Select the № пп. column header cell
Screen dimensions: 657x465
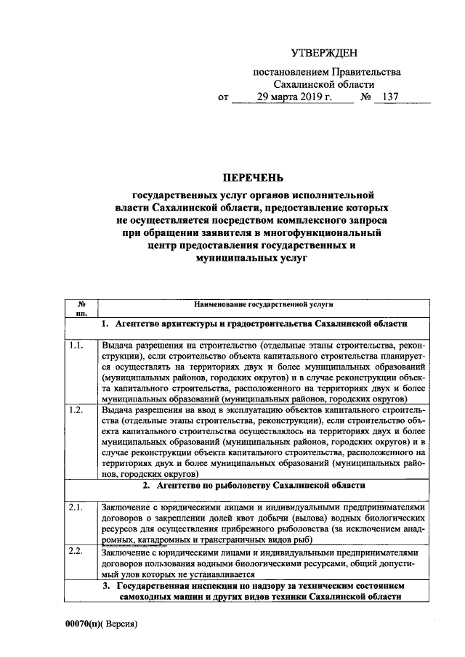[82, 309]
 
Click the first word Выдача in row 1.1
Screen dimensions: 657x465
[118, 346]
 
